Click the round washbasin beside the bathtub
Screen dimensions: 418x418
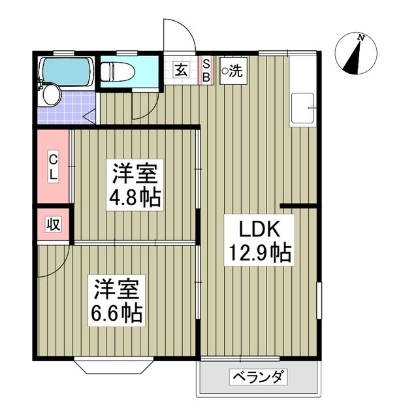(x=50, y=95)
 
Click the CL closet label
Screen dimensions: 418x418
(x=53, y=167)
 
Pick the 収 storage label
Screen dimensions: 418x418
(x=53, y=224)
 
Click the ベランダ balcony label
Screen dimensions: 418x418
(x=259, y=378)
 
